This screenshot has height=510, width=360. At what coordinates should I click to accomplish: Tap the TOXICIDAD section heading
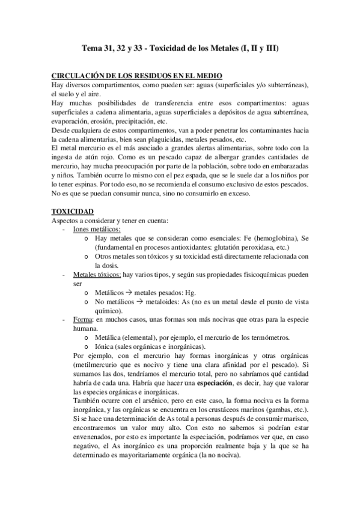point(72,212)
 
